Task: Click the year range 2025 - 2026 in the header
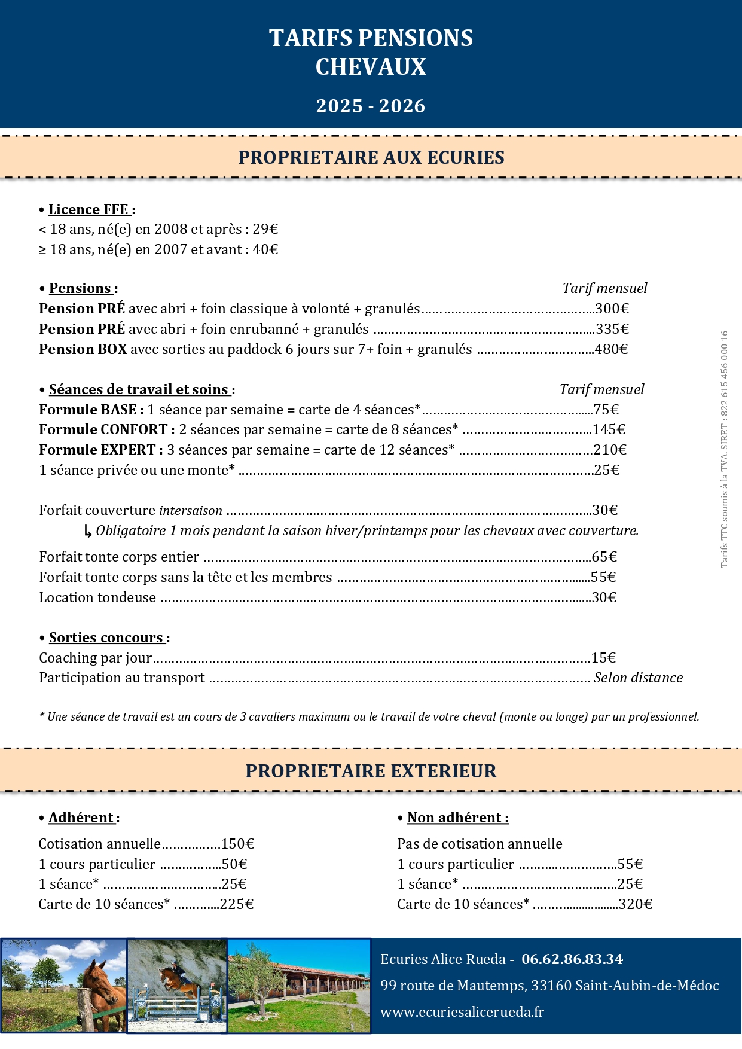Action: [x=371, y=106]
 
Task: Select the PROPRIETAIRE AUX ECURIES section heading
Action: [x=371, y=157]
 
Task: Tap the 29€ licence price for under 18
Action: [x=265, y=229]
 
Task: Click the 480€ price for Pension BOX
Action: [x=611, y=349]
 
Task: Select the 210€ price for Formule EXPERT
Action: [x=610, y=450]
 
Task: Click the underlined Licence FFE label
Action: [x=88, y=209]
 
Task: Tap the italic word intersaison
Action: [x=191, y=511]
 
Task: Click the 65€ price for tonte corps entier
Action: [x=604, y=557]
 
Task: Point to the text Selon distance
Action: [x=638, y=678]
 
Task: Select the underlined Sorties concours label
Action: [x=106, y=638]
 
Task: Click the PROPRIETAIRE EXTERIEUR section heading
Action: [x=371, y=771]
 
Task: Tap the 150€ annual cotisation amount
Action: [x=237, y=844]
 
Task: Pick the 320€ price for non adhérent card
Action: [x=636, y=904]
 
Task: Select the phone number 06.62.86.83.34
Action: [x=572, y=959]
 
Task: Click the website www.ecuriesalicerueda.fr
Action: [x=462, y=1012]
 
